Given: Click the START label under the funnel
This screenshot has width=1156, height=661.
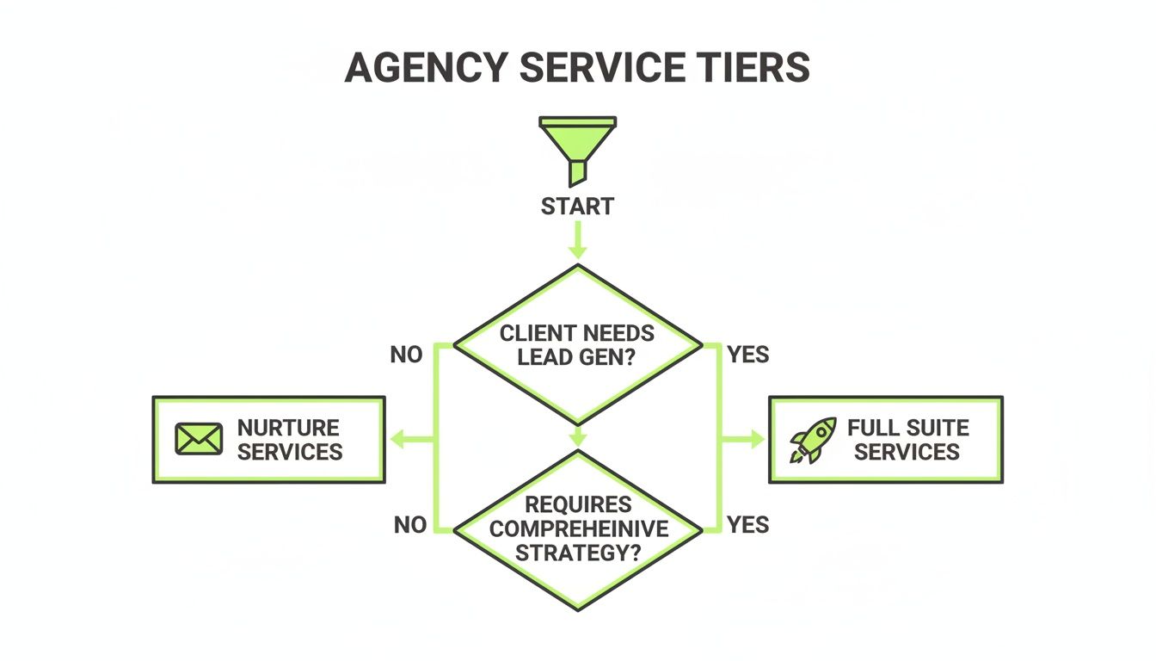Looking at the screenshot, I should click(577, 207).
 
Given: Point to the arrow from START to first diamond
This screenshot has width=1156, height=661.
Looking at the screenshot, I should click(577, 240).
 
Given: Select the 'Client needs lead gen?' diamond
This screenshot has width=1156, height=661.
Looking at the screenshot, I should click(577, 344).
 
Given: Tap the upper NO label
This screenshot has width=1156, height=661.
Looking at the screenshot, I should click(406, 355).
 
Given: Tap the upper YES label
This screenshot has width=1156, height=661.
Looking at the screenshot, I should click(747, 355).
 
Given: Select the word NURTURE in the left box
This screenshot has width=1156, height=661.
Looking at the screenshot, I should click(288, 428).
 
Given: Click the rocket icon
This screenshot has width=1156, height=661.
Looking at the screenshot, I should click(812, 440).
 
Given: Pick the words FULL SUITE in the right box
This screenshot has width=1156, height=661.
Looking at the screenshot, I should click(907, 428).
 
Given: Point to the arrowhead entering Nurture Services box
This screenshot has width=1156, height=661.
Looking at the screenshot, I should click(397, 440).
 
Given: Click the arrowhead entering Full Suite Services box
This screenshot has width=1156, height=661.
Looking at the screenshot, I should click(756, 440).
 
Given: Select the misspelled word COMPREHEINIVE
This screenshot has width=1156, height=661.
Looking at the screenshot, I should click(577, 528).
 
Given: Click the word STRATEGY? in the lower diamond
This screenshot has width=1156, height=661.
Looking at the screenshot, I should click(577, 553).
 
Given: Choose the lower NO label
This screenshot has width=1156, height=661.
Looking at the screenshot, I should click(410, 525).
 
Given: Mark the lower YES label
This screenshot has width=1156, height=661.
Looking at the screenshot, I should click(747, 525).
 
